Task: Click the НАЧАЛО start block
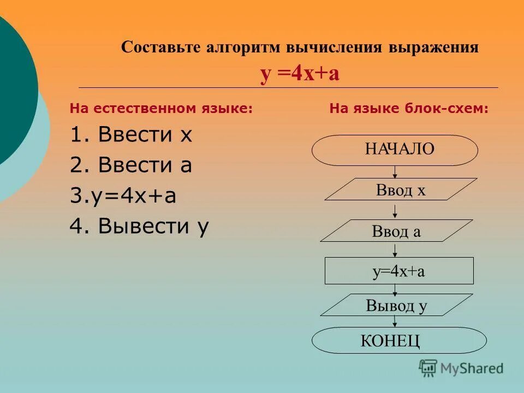395,150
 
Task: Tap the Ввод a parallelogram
396,231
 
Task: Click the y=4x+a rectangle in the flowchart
399,271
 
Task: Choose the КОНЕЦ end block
398,341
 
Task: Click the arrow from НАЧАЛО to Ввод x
395,171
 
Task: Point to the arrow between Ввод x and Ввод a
395,210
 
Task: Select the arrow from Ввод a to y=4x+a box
395,249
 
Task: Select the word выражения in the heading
433,47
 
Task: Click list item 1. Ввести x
131,135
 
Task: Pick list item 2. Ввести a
131,165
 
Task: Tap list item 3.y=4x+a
123,196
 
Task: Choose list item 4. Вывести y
139,227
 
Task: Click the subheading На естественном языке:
161,109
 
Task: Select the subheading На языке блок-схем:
409,109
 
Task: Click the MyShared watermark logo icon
428,368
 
